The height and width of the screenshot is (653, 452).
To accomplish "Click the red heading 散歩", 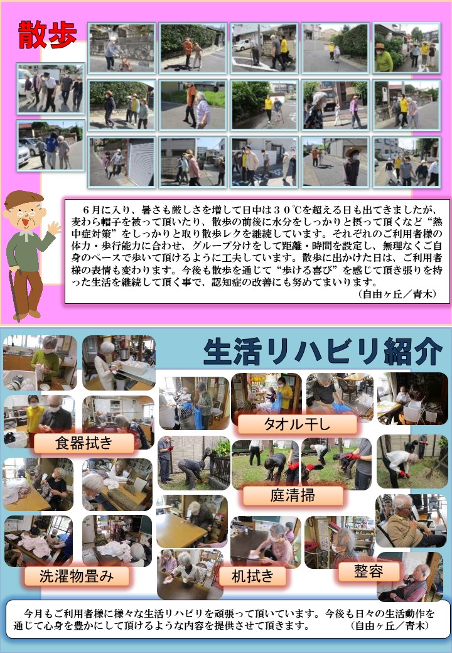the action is [x=48, y=35].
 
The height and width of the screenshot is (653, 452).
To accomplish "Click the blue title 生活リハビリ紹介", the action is [x=323, y=352].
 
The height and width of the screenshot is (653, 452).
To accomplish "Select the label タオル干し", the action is [x=297, y=424].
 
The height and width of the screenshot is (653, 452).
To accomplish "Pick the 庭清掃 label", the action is [x=293, y=495].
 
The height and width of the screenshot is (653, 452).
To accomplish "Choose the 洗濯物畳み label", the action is [x=77, y=576].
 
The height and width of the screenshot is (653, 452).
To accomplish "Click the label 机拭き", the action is [x=252, y=576].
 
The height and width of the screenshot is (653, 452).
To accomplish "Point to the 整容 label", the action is [x=369, y=571].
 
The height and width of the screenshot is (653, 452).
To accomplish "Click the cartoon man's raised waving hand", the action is [x=54, y=229].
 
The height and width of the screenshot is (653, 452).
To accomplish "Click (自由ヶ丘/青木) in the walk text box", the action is [x=397, y=294].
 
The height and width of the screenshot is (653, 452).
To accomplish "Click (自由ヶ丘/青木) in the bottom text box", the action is [x=390, y=625].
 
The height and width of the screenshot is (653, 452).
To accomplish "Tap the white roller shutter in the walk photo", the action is [x=141, y=161].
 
